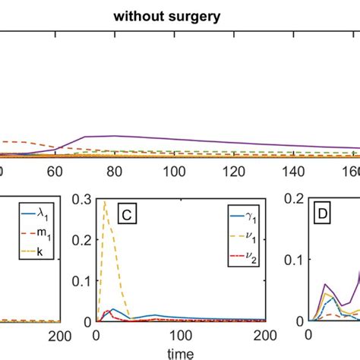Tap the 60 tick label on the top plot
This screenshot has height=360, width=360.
pos(55,172)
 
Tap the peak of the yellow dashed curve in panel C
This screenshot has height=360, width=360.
pos(104,201)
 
